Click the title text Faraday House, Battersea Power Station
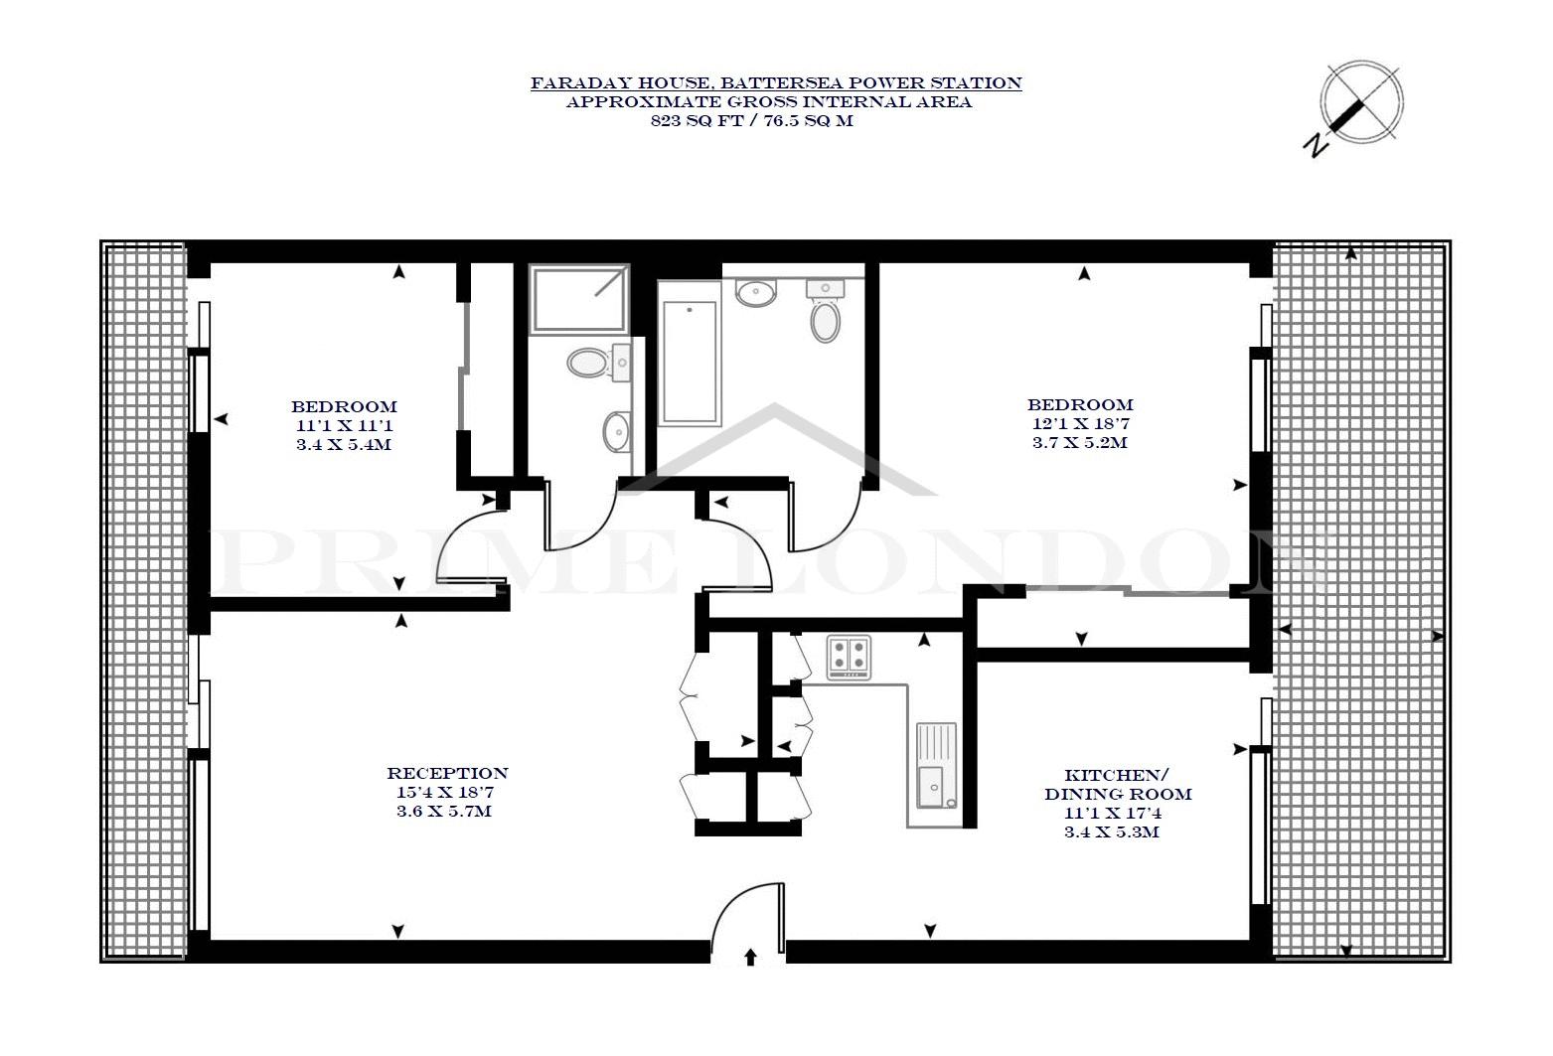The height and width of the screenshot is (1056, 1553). click(776, 83)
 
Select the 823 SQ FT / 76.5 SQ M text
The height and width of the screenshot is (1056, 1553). click(751, 120)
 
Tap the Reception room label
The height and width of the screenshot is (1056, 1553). click(447, 773)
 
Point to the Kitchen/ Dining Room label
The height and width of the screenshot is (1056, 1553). click(1118, 784)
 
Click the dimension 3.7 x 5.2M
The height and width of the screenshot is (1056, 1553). click(1079, 442)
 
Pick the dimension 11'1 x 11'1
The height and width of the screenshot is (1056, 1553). click(345, 425)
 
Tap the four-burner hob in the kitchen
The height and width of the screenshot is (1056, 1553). click(849, 658)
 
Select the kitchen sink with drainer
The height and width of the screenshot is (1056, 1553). click(936, 766)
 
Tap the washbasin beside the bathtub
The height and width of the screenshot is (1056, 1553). click(756, 292)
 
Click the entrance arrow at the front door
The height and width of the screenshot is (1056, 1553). click(749, 958)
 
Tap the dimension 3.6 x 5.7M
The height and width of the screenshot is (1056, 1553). click(444, 811)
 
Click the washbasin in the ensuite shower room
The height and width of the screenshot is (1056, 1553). click(616, 431)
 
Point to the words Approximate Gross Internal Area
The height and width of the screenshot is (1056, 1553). click(769, 102)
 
